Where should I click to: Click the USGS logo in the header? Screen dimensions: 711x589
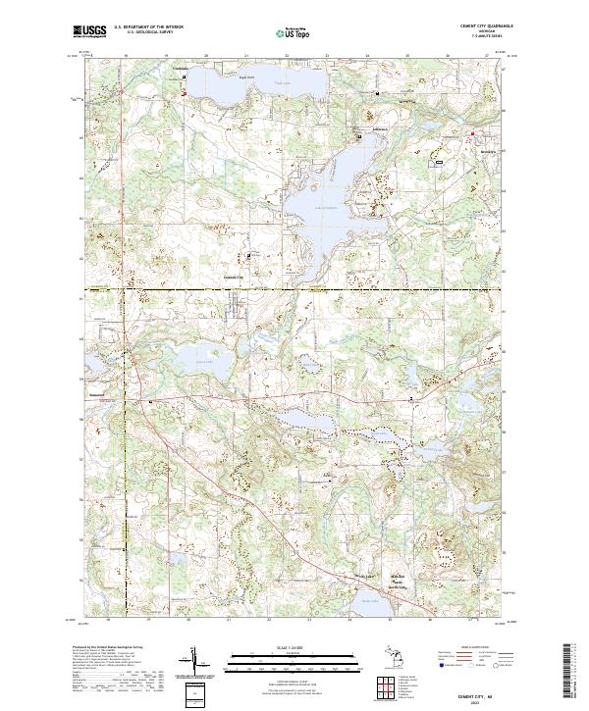click(x=90, y=31)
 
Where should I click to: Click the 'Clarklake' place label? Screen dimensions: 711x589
click(x=180, y=69)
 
